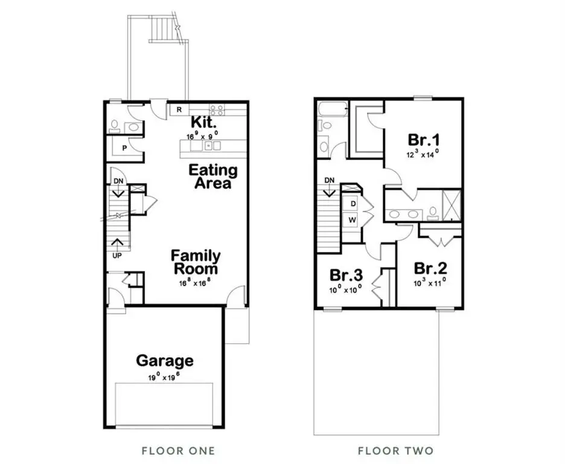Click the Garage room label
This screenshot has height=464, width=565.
pos(165,361)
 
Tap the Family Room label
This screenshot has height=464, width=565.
pos(195,262)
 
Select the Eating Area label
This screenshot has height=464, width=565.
pos(213,176)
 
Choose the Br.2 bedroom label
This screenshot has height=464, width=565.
pos(430,268)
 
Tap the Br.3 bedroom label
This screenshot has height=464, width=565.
pos(346,275)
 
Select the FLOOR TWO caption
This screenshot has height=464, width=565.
pos(395,451)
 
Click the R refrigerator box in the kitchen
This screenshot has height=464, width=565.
pos(179,109)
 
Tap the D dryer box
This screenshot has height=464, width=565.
pos(352,204)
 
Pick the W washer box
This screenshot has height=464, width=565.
pos(352,219)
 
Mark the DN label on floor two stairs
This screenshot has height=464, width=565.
pos(330,180)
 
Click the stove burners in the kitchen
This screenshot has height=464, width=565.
pos(217,110)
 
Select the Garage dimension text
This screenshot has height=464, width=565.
pos(164,376)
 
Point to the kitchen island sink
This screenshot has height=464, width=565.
pos(208,145)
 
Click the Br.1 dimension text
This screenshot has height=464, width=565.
pos(422,153)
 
